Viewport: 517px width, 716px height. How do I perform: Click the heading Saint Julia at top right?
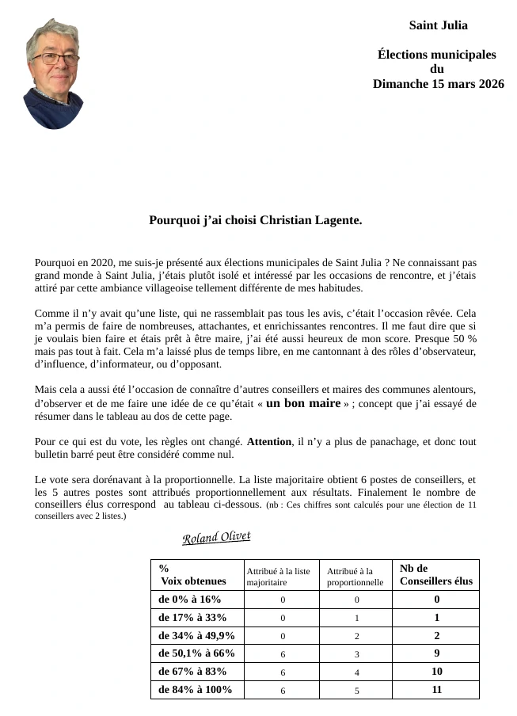(x=438, y=25)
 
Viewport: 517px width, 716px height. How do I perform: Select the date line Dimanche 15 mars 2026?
(x=438, y=83)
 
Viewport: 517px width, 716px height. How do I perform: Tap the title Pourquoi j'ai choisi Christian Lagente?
(x=256, y=220)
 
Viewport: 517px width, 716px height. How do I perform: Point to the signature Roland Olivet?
(x=216, y=538)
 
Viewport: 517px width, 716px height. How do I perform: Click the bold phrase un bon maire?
(x=302, y=403)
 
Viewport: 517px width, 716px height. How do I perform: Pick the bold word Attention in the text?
(x=269, y=442)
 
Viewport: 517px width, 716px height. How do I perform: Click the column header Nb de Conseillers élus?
(x=435, y=574)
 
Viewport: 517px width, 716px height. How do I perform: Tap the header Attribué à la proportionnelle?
(x=355, y=577)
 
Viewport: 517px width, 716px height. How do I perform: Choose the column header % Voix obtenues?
(x=192, y=574)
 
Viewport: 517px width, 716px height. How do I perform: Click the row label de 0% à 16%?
(x=190, y=600)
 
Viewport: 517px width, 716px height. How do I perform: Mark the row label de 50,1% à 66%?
(x=196, y=653)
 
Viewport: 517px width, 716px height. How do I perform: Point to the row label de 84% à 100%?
(x=195, y=690)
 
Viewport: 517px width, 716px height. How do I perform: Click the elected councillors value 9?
(x=436, y=653)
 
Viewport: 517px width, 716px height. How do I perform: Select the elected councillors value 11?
(x=436, y=690)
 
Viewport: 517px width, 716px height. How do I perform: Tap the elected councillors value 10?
(x=436, y=672)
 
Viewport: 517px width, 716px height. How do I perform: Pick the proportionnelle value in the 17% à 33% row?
(x=357, y=618)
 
